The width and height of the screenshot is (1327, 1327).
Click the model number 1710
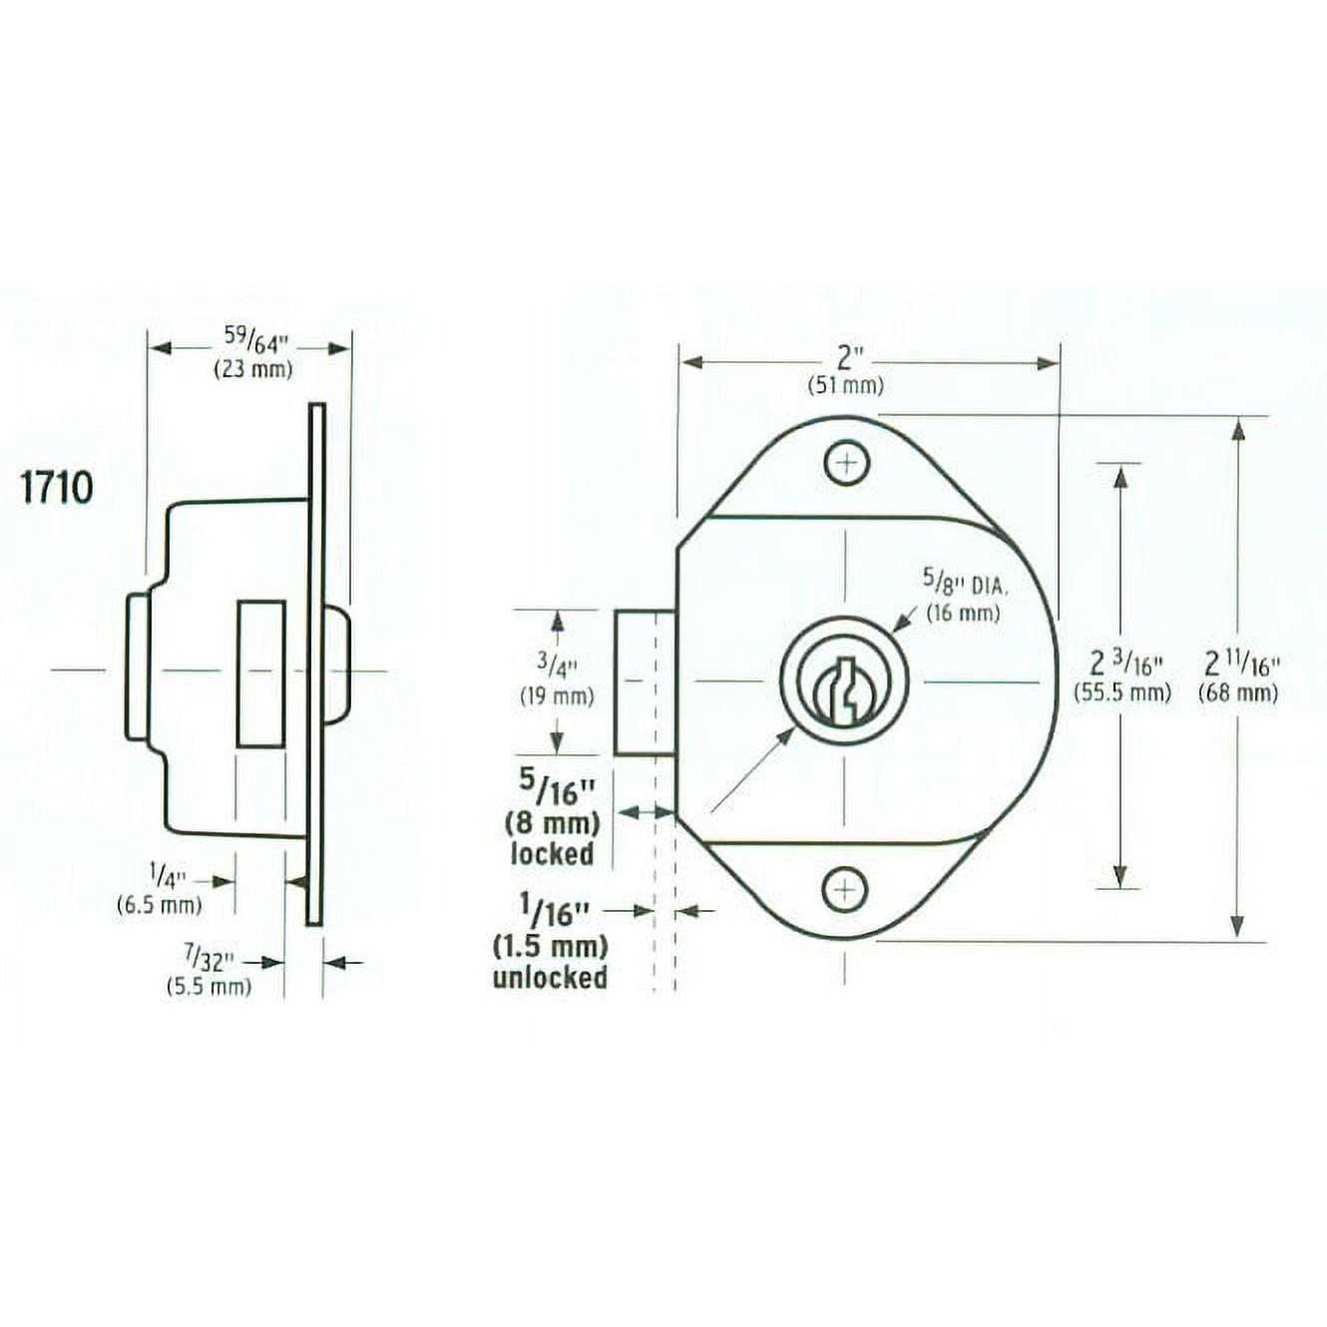(x=57, y=488)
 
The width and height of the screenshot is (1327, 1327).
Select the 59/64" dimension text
(x=254, y=341)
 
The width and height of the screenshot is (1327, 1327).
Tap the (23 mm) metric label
(x=253, y=369)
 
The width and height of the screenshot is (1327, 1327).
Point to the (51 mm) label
(x=845, y=386)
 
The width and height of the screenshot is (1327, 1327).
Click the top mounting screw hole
(x=846, y=463)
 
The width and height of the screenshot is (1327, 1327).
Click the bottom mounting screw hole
(x=845, y=889)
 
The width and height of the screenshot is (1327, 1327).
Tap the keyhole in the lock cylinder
(x=844, y=689)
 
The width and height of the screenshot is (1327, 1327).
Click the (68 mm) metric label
(x=1238, y=692)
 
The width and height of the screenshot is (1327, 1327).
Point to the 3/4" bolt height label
(x=558, y=665)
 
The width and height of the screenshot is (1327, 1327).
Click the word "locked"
(x=552, y=854)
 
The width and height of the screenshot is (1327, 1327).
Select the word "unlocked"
(x=550, y=977)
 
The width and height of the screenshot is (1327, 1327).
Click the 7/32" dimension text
(x=208, y=960)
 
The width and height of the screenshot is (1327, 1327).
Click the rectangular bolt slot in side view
(x=260, y=672)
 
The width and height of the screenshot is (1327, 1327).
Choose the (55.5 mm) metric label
(x=1121, y=692)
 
